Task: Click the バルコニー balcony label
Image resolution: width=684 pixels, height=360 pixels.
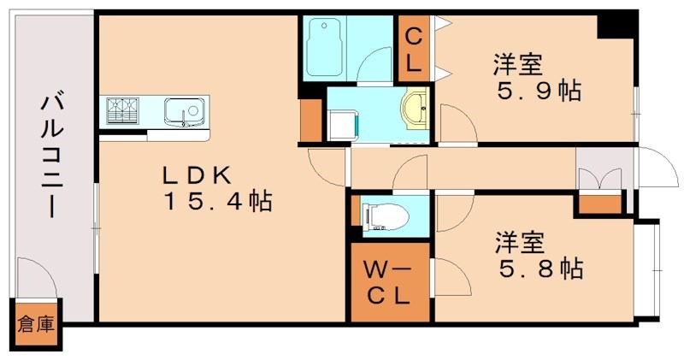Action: tap(50, 157)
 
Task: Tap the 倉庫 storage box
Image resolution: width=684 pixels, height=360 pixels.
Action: tap(36, 325)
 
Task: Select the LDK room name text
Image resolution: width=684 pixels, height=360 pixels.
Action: tap(198, 174)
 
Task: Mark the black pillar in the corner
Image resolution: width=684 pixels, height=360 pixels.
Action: tap(613, 24)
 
